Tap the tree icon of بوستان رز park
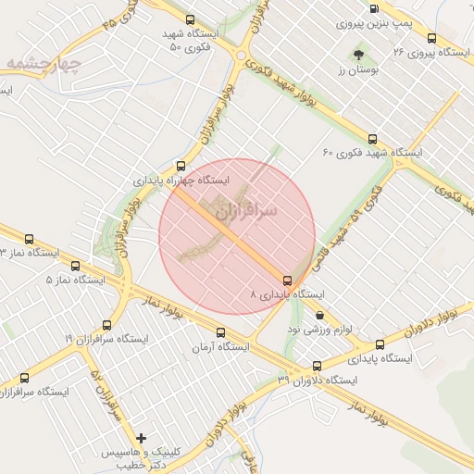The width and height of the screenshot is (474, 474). pyautogui.click(x=359, y=56)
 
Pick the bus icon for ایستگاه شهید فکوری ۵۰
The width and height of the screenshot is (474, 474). pyautogui.click(x=191, y=19)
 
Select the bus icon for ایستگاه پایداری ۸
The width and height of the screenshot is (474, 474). pyautogui.click(x=287, y=280)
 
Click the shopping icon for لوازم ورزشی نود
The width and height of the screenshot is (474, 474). pyautogui.click(x=319, y=315)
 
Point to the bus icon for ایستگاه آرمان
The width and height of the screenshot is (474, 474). pyautogui.click(x=220, y=333)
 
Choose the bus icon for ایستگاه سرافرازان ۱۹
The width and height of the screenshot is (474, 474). pyautogui.click(x=107, y=325)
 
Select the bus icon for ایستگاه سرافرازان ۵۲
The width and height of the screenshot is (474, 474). pyautogui.click(x=24, y=378)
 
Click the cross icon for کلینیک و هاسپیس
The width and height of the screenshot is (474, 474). pyautogui.click(x=141, y=437)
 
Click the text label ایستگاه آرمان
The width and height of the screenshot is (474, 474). pyautogui.click(x=221, y=348)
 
